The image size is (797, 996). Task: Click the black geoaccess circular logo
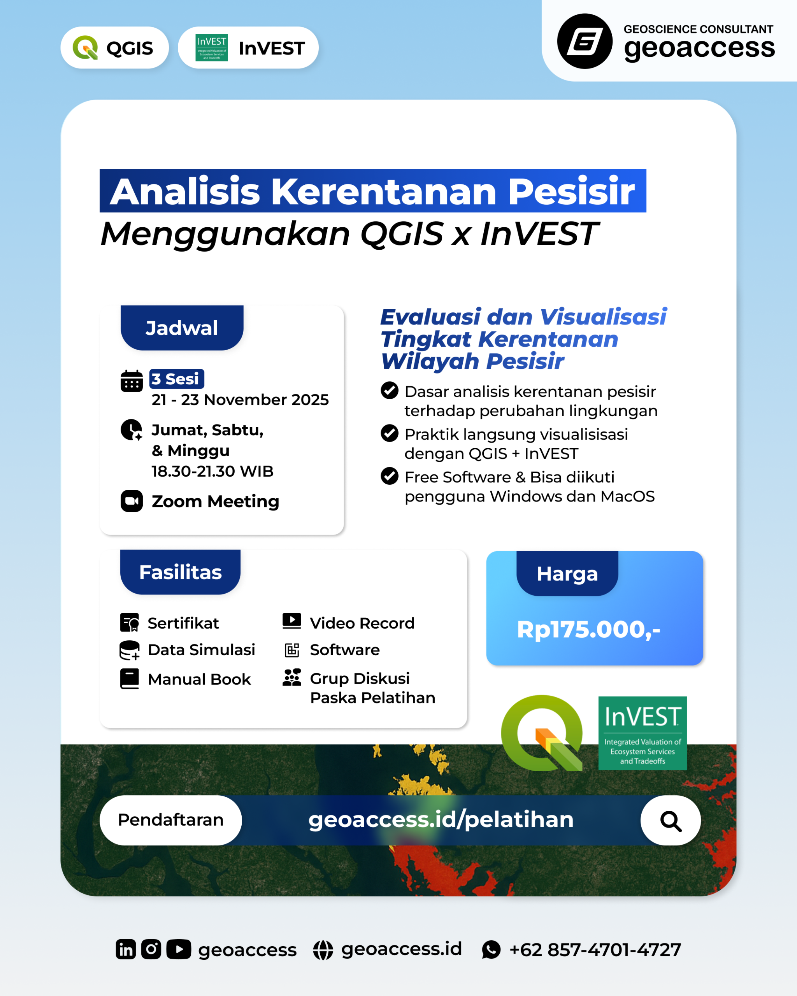585,41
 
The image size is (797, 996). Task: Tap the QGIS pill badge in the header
114,47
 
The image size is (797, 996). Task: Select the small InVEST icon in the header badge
212,47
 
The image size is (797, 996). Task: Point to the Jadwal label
182,328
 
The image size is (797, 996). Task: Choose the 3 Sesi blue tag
177,379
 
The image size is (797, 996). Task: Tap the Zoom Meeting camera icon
132,501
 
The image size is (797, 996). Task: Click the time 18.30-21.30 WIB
212,471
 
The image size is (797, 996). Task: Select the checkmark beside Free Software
390,476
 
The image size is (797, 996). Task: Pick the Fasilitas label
181,572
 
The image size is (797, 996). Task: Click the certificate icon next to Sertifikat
130,623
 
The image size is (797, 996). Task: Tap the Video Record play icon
292,621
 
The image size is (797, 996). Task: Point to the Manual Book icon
130,679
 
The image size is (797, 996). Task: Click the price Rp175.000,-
589,629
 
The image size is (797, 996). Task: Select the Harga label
567,573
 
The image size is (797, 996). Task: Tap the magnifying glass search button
671,821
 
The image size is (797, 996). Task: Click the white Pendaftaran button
171,820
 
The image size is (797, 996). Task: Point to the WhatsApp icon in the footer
491,950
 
